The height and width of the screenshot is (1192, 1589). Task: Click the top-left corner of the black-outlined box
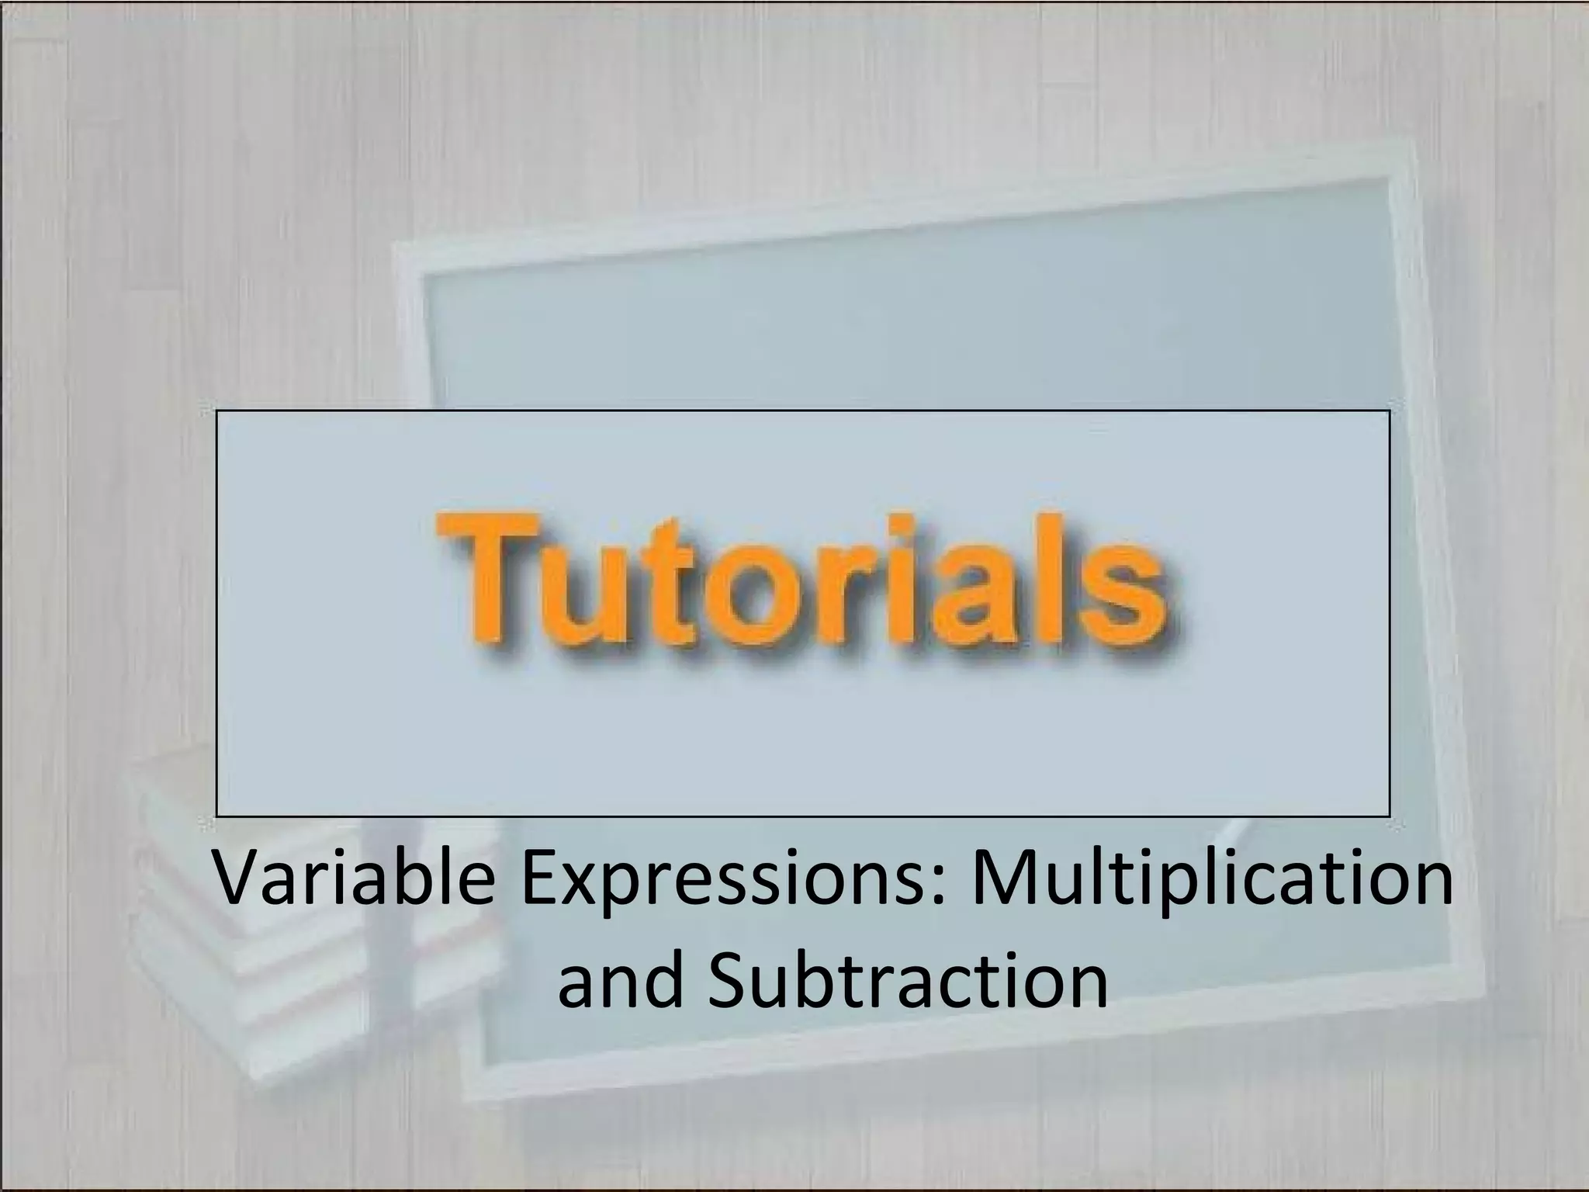[217, 411]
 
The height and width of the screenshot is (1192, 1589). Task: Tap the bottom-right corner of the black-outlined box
[1389, 816]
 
